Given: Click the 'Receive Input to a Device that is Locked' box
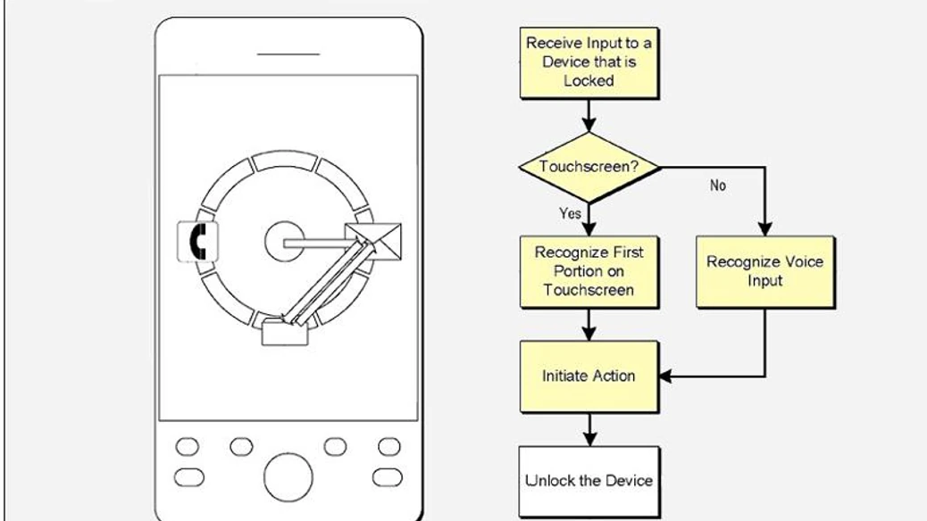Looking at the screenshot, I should click(x=589, y=62).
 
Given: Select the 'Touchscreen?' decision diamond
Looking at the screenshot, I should click(x=589, y=166).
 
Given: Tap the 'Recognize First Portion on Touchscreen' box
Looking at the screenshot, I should click(x=589, y=271).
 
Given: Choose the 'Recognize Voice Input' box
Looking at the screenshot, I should click(x=764, y=271).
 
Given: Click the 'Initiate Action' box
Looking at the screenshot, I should click(x=589, y=376).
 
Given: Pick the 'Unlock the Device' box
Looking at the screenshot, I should click(x=589, y=481).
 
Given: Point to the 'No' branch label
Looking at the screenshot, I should click(x=717, y=186).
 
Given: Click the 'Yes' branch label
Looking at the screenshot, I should click(x=570, y=214).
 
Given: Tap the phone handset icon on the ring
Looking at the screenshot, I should click(x=197, y=242).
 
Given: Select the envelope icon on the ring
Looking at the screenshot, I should click(x=373, y=239).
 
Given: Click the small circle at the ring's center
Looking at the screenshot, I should click(x=285, y=242).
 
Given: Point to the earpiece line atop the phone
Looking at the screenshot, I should click(x=288, y=54).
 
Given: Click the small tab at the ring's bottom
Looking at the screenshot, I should click(x=285, y=335).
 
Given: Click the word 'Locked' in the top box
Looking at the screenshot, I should click(x=589, y=80).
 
